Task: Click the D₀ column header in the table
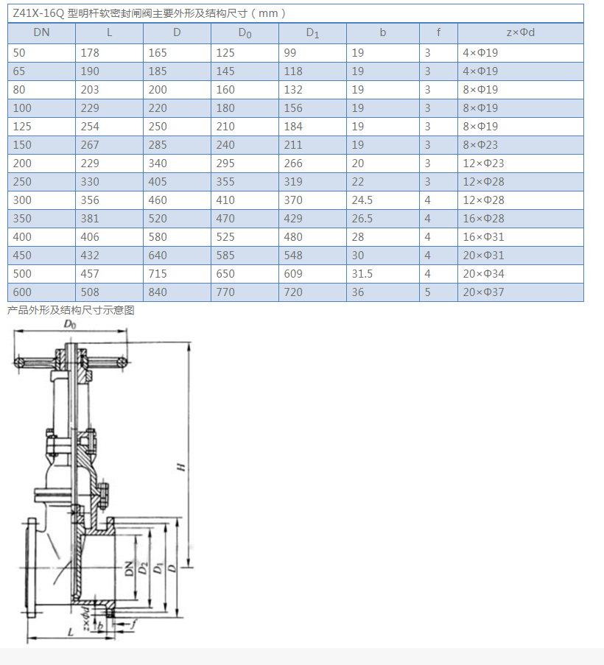[245, 33]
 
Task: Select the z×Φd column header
[521, 32]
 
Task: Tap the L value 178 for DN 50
[90, 52]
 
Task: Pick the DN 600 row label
[22, 292]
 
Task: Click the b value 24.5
[362, 200]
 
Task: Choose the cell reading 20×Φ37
[483, 292]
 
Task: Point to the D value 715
[158, 273]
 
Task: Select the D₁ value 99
[290, 52]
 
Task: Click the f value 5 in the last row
[427, 292]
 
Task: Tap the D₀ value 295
[225, 163]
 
